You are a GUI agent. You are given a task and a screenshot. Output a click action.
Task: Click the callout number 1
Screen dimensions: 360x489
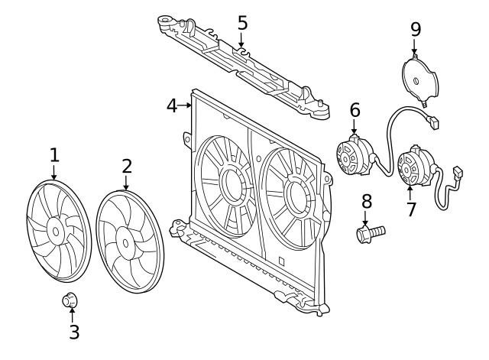pos(53,155)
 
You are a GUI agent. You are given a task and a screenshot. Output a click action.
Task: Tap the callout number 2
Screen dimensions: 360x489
pos(127,166)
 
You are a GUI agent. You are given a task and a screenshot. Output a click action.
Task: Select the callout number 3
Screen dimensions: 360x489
pos(74,332)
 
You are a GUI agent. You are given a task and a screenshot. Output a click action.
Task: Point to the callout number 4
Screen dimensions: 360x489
pos(172,105)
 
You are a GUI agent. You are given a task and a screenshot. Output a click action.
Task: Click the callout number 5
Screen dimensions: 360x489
pos(242,22)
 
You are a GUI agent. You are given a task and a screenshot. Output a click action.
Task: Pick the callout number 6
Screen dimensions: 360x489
pos(355,110)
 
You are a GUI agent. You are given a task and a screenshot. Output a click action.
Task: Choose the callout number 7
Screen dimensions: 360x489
pos(411,209)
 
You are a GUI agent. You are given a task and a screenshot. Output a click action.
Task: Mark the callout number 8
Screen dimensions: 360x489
pos(367,201)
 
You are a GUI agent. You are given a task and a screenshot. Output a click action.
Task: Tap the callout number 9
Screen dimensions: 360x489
pos(416,30)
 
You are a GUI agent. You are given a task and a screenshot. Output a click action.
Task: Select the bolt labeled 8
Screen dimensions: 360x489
pos(370,231)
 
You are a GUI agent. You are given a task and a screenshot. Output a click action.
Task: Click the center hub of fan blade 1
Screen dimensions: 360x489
pos(55,229)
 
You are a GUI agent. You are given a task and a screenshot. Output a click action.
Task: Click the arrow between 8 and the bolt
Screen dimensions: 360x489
pos(367,216)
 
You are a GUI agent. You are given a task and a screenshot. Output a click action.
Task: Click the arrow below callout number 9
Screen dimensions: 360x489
pos(415,47)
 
